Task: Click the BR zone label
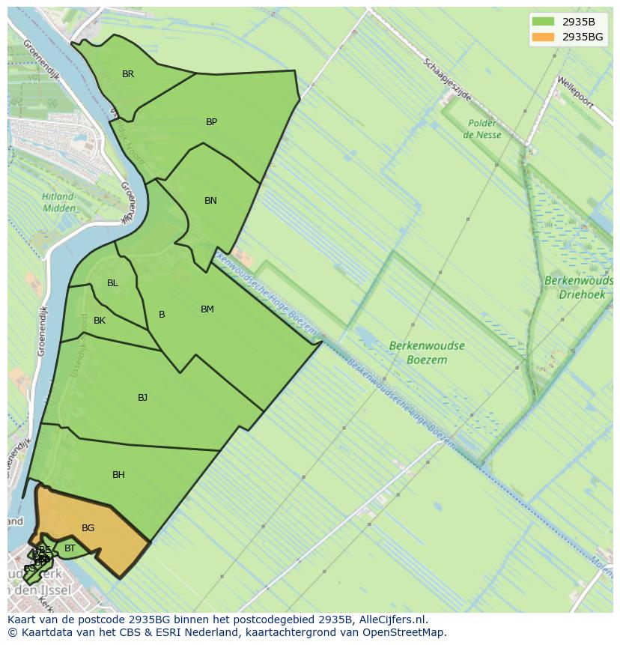pyautogui.click(x=128, y=74)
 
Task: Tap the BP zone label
pyautogui.click(x=211, y=122)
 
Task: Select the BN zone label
pyautogui.click(x=210, y=201)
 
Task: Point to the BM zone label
pyautogui.click(x=207, y=309)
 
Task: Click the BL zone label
pyautogui.click(x=112, y=283)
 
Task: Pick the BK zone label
pyautogui.click(x=100, y=321)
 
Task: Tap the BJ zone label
pyautogui.click(x=142, y=398)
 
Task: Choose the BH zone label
pyautogui.click(x=118, y=475)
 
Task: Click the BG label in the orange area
pyautogui.click(x=88, y=528)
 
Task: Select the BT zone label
pyautogui.click(x=70, y=548)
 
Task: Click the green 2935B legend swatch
pyautogui.click(x=543, y=22)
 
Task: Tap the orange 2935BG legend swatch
pyautogui.click(x=543, y=37)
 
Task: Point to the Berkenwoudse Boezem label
pyautogui.click(x=427, y=353)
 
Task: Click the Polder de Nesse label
pyautogui.click(x=482, y=129)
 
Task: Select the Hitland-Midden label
pyautogui.click(x=58, y=202)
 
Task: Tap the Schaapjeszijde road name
pyautogui.click(x=447, y=80)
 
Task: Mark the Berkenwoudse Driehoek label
pyautogui.click(x=578, y=288)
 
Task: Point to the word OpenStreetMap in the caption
pyautogui.click(x=407, y=632)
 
